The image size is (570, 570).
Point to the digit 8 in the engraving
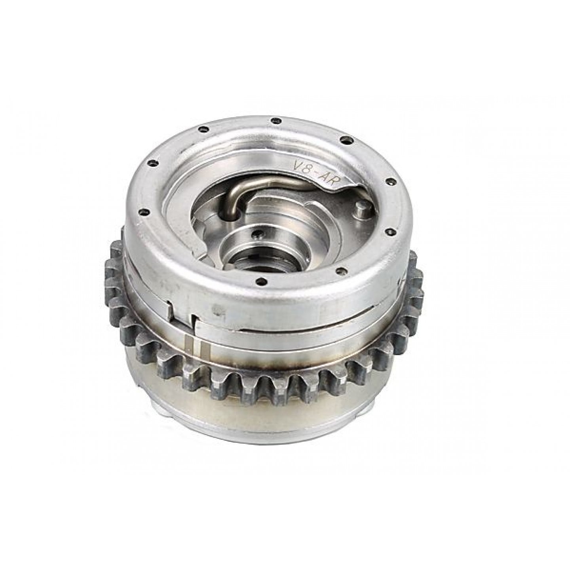tap(306, 169)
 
